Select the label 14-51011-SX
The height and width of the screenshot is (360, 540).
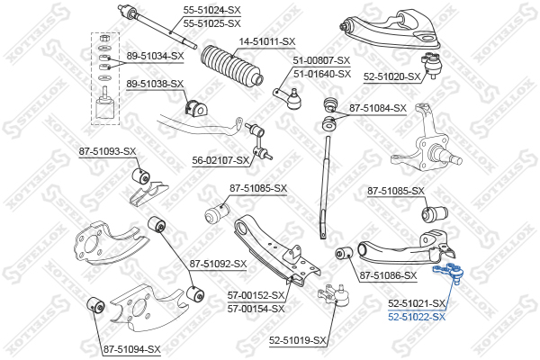coord(266,41)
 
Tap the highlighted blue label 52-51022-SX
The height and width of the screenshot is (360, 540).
coord(417,317)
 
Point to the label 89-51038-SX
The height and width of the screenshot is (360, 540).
coord(155,84)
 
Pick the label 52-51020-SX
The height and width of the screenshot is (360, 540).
coord(392,77)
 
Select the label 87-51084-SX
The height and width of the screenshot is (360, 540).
coord(378,108)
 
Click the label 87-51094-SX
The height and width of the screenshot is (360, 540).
coord(131,348)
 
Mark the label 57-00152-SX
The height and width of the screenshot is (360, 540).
coord(256,295)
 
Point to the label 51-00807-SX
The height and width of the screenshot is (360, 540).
coord(321,60)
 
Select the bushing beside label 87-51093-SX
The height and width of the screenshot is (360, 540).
coord(140,174)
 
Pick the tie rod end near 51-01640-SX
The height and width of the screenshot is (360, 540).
coord(291,96)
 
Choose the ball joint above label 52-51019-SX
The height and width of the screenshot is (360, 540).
coord(335,295)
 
